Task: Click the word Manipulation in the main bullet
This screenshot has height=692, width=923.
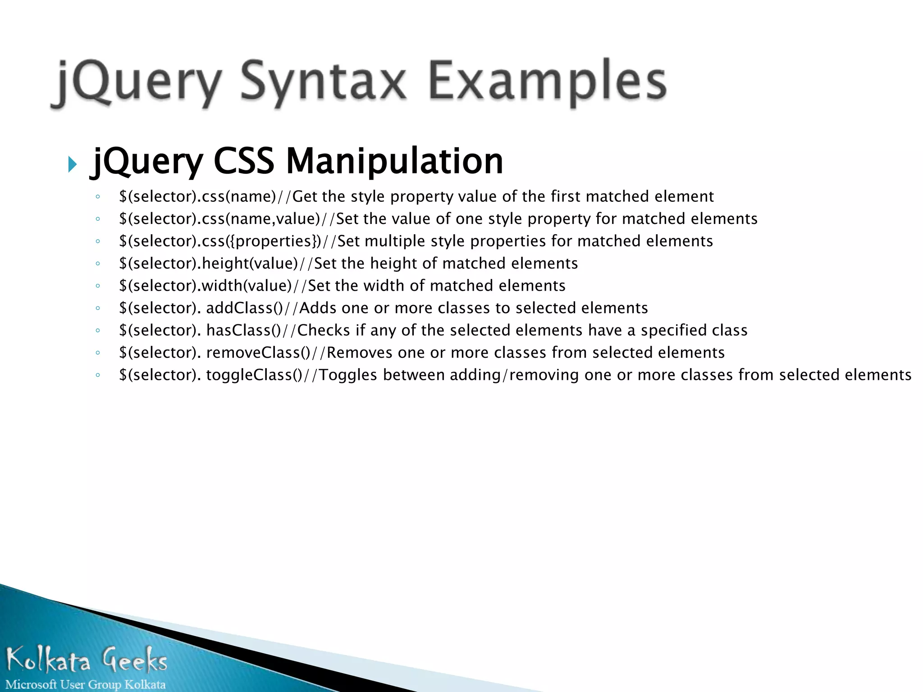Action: coord(394,161)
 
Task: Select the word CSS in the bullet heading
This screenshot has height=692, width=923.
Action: coord(243,161)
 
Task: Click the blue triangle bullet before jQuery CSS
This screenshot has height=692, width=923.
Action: coord(73,164)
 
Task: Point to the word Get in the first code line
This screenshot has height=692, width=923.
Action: coord(305,196)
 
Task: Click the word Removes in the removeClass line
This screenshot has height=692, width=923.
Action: coord(359,353)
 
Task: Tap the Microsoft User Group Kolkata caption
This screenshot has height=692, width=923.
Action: coord(86,684)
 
